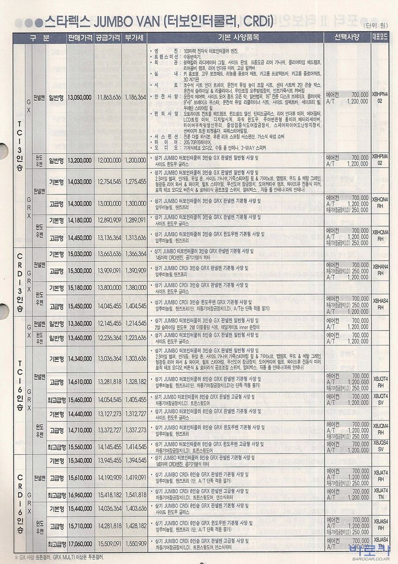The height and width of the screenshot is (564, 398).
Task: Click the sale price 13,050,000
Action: pos(80,97)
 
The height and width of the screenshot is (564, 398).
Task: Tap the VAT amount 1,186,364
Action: pos(135,97)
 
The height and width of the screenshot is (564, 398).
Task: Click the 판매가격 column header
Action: pos(80,38)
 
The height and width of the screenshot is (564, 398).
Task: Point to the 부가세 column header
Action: pos(135,38)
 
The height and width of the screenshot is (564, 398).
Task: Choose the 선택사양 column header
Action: pos(348,38)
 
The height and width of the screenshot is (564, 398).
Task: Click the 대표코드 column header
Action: pos(380,38)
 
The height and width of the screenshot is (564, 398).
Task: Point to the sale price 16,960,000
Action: pos(80,494)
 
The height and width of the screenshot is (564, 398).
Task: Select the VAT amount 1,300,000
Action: pos(135,204)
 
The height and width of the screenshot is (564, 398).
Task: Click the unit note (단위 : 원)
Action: pos(376,25)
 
